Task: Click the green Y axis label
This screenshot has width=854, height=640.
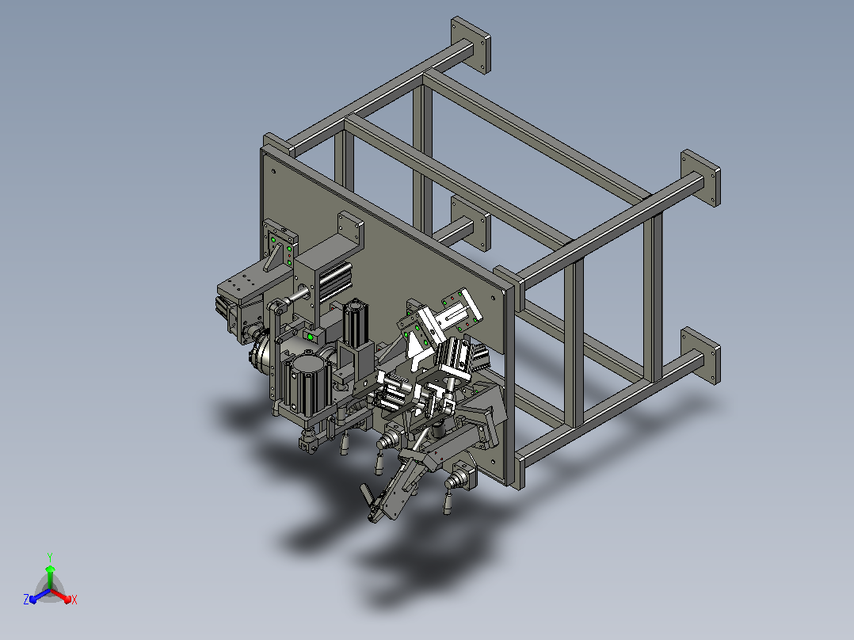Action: pos(50,557)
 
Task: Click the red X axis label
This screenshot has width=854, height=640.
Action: pos(74,600)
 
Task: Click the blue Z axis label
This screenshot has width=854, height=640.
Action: pos(26,600)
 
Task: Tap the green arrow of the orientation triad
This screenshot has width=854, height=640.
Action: pos(50,577)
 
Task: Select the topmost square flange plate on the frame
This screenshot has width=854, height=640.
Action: pos(471,44)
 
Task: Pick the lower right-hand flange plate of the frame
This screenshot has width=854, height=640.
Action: pos(700,356)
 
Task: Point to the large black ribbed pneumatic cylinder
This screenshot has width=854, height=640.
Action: pos(305,384)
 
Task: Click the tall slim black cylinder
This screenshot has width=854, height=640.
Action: pos(355,322)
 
